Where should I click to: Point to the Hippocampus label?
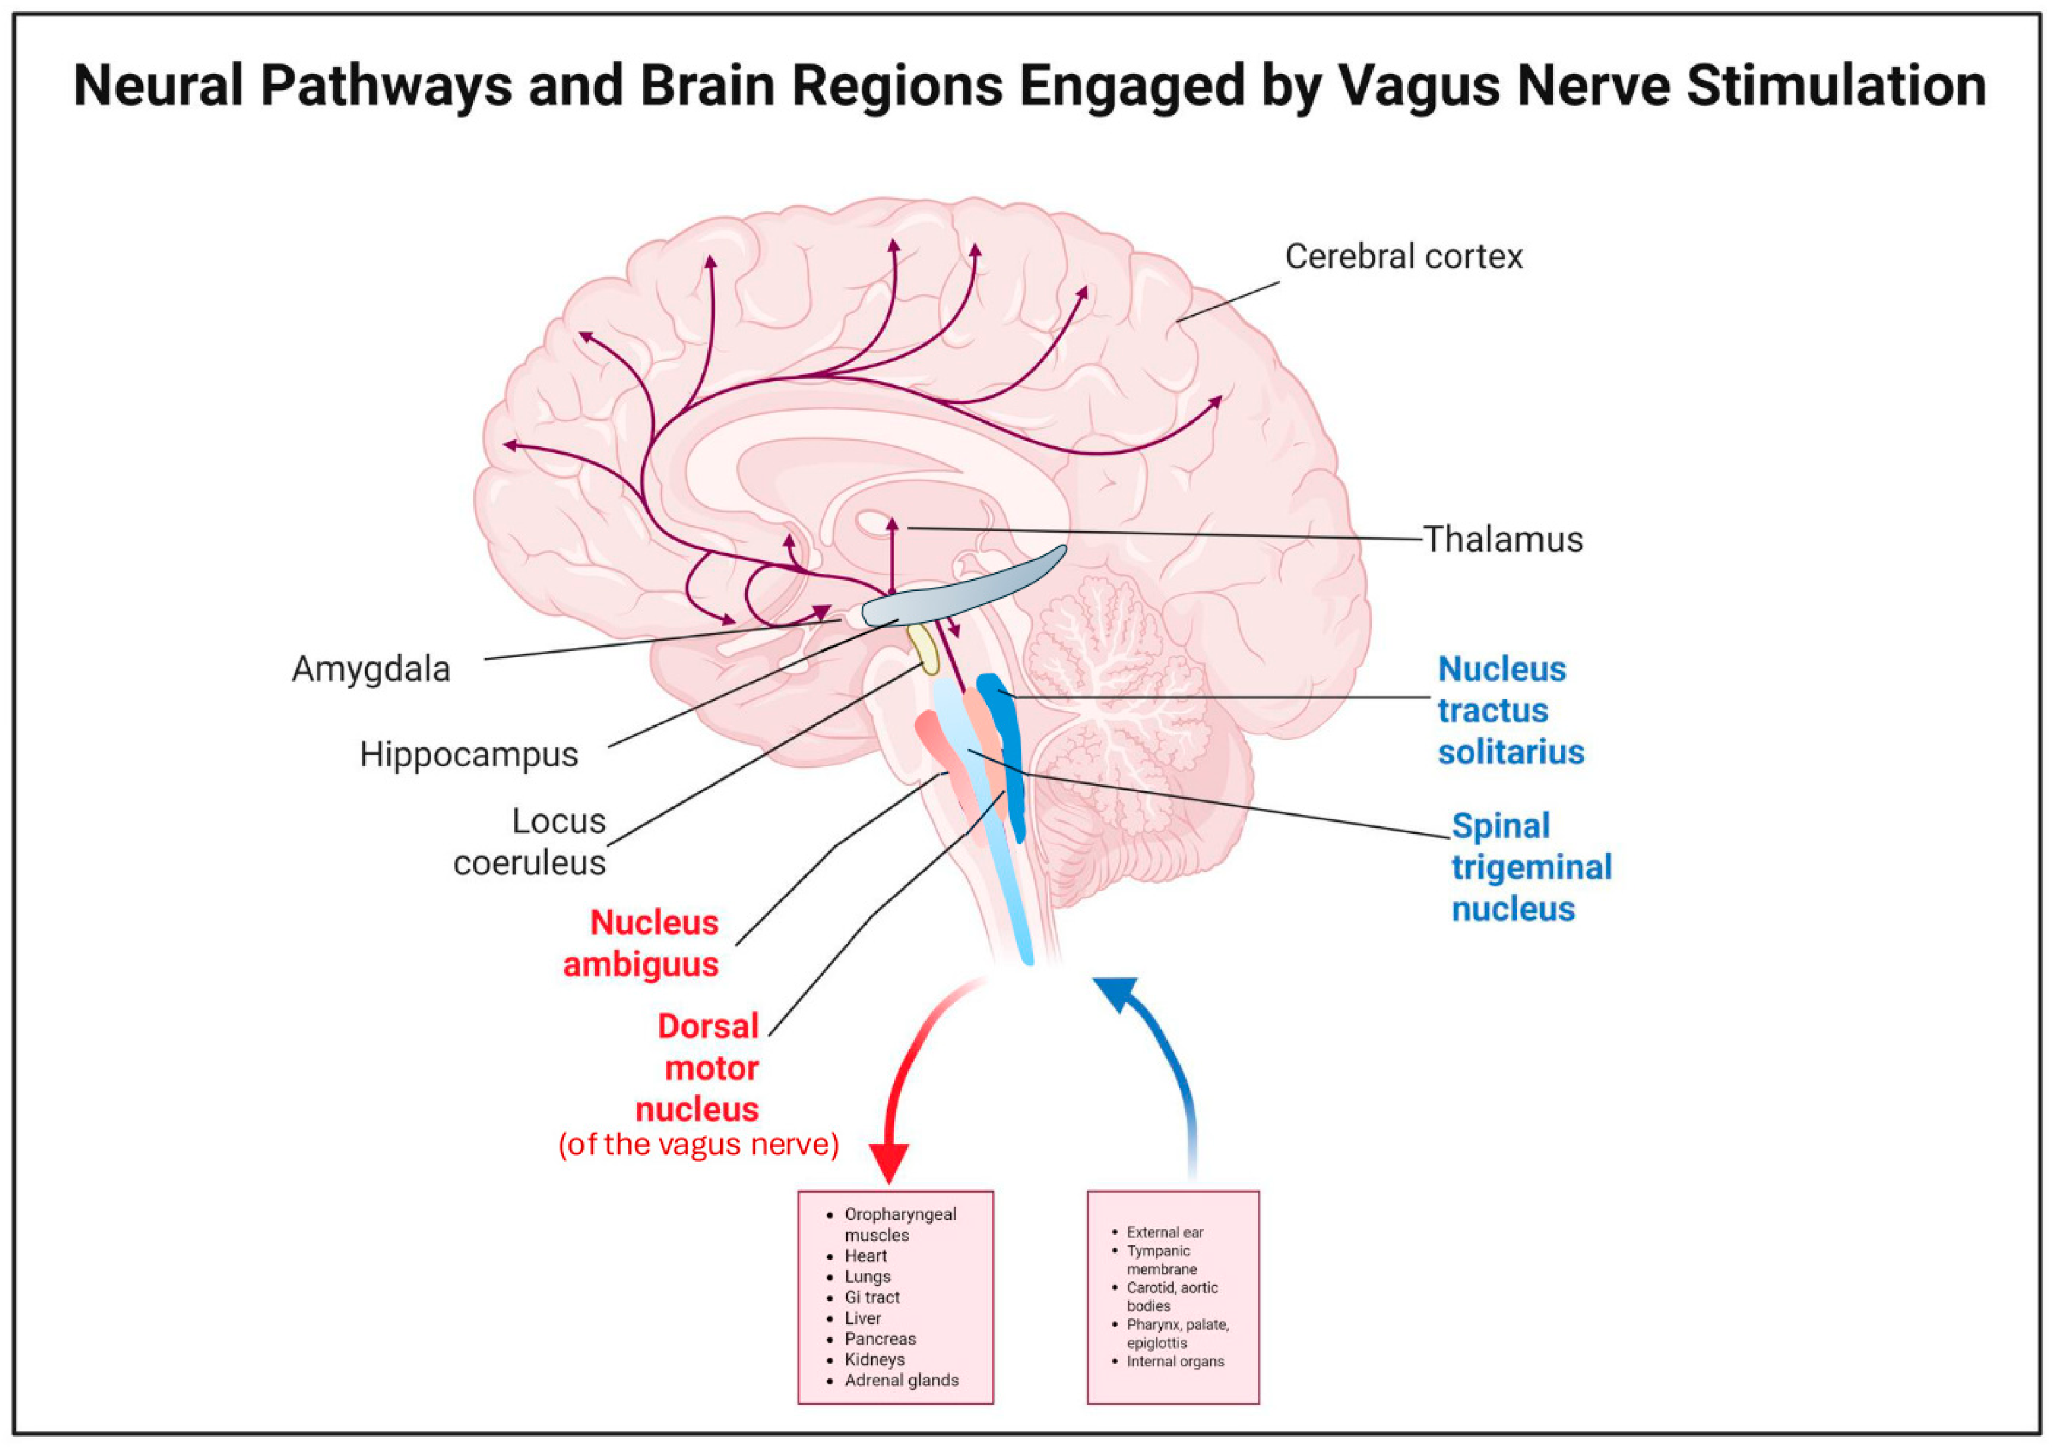[468, 755]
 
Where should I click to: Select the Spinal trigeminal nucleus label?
[1529, 867]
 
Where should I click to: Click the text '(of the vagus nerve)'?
[698, 1145]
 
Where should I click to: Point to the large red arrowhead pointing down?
[888, 1162]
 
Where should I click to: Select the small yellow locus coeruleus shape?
[924, 650]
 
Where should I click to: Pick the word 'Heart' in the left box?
[865, 1256]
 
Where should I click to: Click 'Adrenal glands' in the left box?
[901, 1380]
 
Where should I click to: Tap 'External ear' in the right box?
[1164, 1233]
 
